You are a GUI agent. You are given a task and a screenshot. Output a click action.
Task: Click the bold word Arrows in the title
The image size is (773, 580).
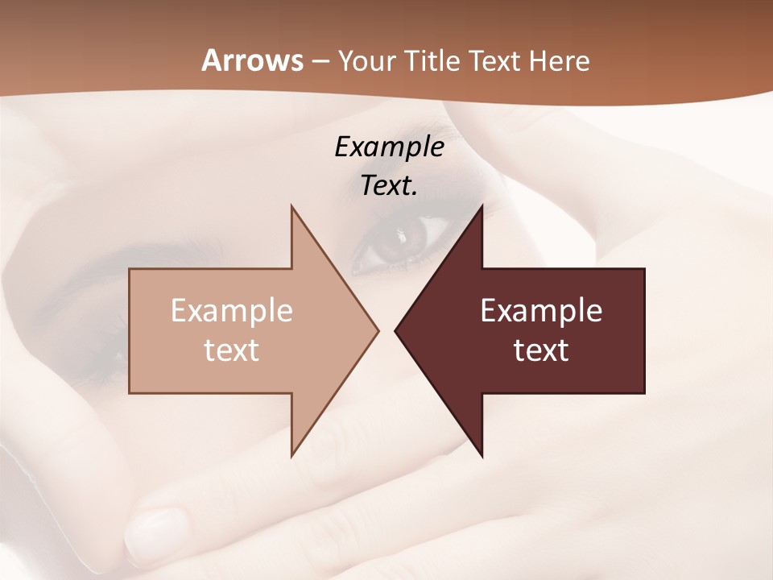click(253, 60)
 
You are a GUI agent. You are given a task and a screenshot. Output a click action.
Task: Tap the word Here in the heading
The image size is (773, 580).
click(560, 60)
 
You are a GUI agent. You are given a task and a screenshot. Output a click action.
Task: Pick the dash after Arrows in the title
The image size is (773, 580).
click(320, 61)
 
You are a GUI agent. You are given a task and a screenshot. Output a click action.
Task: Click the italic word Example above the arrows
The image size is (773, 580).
click(389, 147)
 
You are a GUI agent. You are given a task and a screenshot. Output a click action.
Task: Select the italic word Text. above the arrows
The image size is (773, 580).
click(389, 185)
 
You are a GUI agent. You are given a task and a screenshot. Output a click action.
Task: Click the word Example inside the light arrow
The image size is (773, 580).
click(231, 311)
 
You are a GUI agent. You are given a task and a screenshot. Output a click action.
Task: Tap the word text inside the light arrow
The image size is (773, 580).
click(231, 350)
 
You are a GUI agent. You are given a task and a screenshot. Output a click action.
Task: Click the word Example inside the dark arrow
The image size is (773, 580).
click(541, 311)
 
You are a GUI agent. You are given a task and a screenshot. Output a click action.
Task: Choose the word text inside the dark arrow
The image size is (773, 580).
click(541, 350)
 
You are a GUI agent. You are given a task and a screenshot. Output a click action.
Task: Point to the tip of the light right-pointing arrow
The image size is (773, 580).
click(377, 330)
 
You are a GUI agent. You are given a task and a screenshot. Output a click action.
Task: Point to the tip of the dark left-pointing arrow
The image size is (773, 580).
click(396, 330)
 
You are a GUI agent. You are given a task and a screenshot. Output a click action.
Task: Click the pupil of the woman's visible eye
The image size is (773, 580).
click(400, 239)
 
